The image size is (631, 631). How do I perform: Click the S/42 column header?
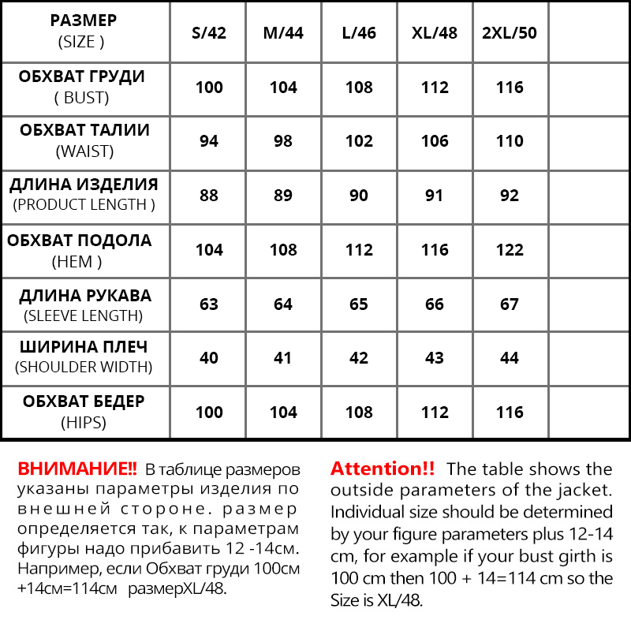(x=209, y=34)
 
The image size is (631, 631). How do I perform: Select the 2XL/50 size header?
(x=510, y=34)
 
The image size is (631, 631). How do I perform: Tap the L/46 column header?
(x=359, y=34)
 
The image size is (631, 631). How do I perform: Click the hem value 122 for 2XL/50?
(x=510, y=250)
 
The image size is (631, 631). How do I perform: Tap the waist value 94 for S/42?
(x=209, y=141)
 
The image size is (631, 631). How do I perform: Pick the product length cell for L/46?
(x=359, y=195)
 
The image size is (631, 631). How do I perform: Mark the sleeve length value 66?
(x=435, y=304)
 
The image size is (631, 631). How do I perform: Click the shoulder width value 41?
(x=283, y=358)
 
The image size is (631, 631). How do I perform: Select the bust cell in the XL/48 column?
(x=435, y=88)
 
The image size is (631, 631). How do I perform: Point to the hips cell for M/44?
(x=283, y=413)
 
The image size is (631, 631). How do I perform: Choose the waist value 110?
(x=510, y=141)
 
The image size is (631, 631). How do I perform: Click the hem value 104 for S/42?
(x=209, y=250)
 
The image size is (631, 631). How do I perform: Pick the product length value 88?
(x=209, y=195)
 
